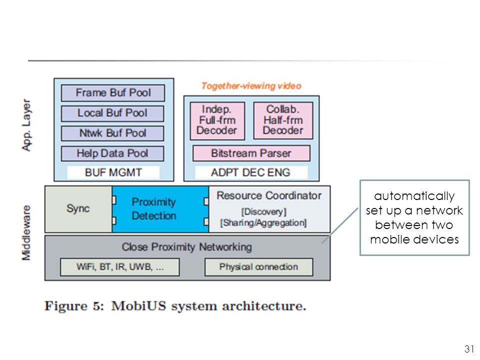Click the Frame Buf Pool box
[113, 93]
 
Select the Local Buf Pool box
[112, 113]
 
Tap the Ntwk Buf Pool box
[112, 133]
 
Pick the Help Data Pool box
[112, 153]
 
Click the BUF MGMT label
[113, 172]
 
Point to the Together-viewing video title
[251, 86]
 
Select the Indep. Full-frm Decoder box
[217, 120]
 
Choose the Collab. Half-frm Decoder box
[283, 120]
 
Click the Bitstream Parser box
[251, 153]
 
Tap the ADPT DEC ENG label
[250, 172]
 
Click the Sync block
[78, 209]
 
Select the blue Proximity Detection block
[160, 209]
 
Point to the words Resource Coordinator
[269, 195]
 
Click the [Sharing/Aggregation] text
[263, 223]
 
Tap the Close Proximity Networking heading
[186, 247]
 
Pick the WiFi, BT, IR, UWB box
[119, 267]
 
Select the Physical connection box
[258, 267]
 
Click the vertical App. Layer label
[26, 125]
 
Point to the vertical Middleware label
[26, 233]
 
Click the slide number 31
[469, 349]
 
